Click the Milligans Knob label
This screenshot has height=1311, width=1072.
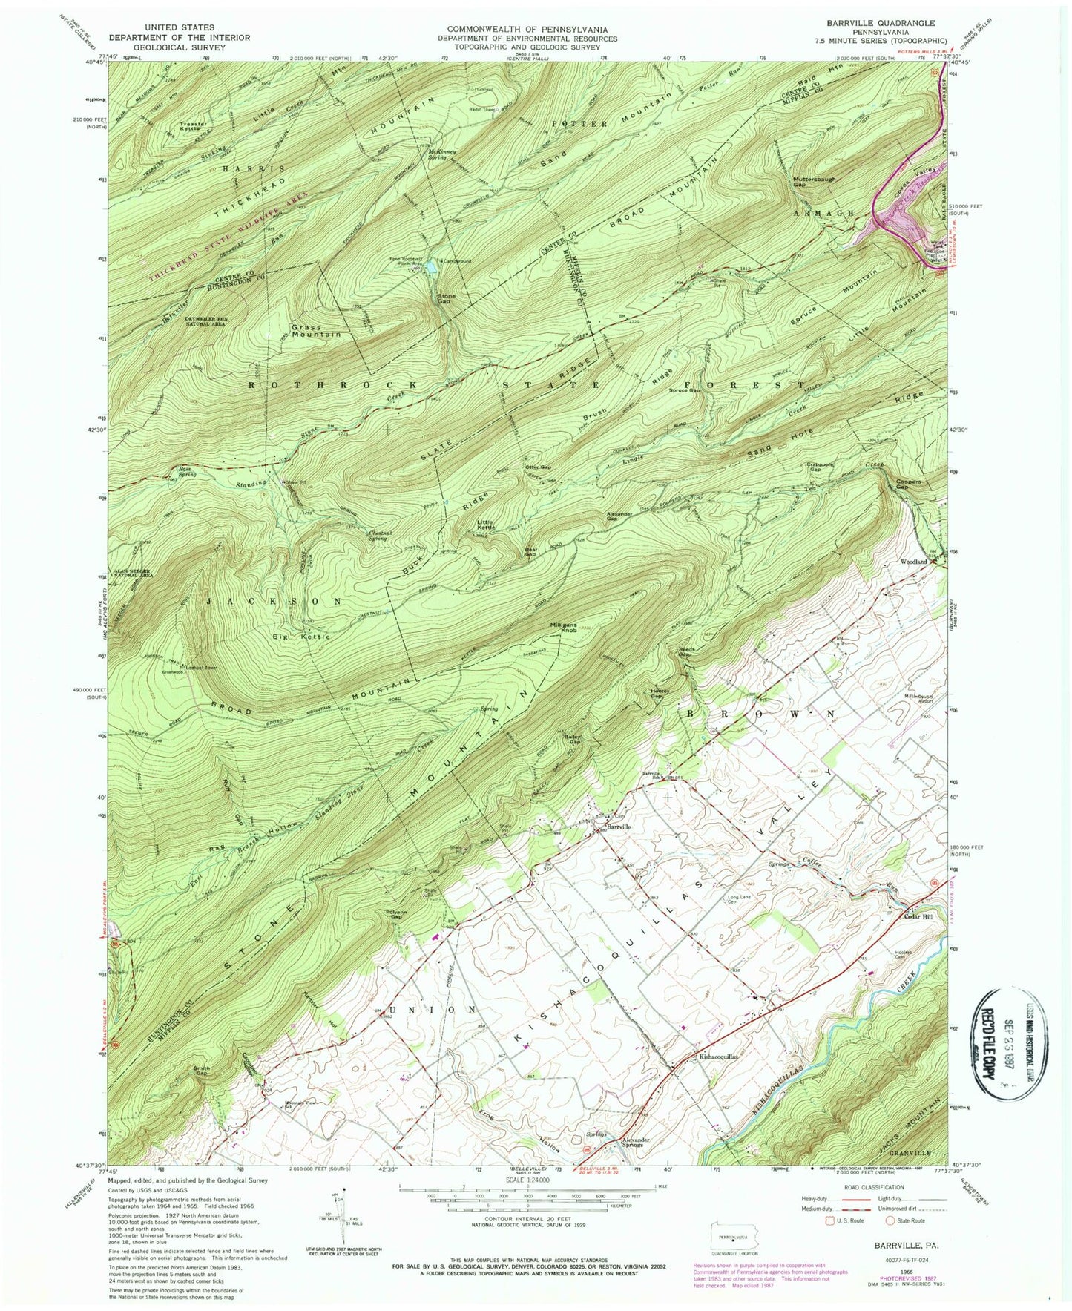point(563,628)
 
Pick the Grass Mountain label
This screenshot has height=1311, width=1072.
point(316,330)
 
